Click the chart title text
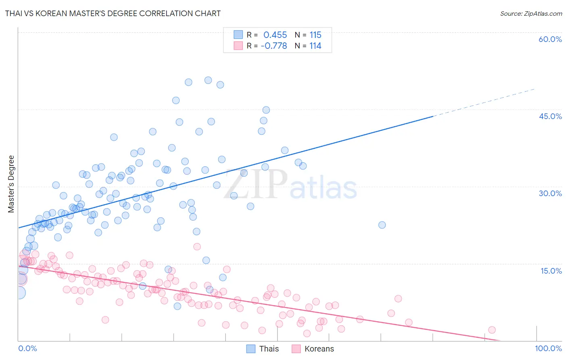click(x=113, y=13)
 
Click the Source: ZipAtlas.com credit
click(x=531, y=13)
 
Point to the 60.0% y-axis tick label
click(x=550, y=39)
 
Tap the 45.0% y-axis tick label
click(x=550, y=116)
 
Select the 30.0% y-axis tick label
click(x=550, y=193)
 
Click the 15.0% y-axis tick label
click(x=551, y=271)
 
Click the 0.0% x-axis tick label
click(x=27, y=348)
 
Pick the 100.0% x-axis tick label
click(x=548, y=348)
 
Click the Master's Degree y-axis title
click(x=11, y=184)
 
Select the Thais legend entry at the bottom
click(x=269, y=349)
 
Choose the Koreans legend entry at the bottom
click(x=319, y=349)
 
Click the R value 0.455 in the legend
click(x=275, y=35)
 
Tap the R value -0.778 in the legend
click(x=274, y=46)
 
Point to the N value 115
click(x=315, y=35)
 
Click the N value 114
click(x=315, y=46)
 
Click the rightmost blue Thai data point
click(x=382, y=225)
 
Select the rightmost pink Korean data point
click(x=492, y=330)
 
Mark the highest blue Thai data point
click(x=208, y=80)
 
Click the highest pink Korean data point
click(x=197, y=247)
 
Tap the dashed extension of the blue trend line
click(x=484, y=103)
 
